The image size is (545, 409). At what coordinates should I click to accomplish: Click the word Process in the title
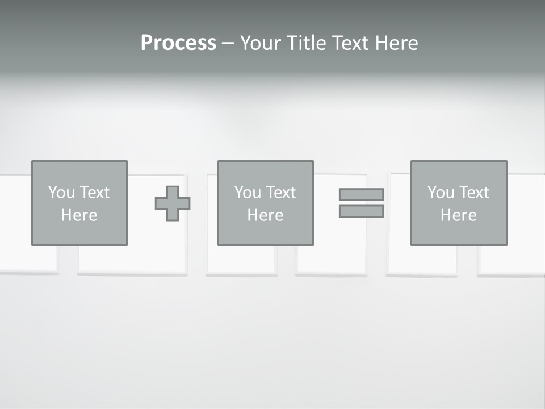point(178,43)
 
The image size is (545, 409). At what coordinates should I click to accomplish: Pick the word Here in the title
point(396,43)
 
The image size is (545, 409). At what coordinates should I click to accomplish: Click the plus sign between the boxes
point(173,203)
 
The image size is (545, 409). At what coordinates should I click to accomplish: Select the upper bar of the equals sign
point(361,194)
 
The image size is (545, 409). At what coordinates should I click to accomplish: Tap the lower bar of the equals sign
point(361,211)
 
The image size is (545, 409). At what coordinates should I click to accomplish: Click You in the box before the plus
point(61,193)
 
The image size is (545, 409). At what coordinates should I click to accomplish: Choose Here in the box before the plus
point(79,215)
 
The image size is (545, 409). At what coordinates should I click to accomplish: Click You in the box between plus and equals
point(248,193)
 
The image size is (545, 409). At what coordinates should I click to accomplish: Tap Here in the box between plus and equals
point(265,215)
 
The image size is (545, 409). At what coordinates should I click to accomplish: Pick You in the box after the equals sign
point(441,193)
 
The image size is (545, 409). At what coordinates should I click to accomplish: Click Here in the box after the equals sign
point(458,215)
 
